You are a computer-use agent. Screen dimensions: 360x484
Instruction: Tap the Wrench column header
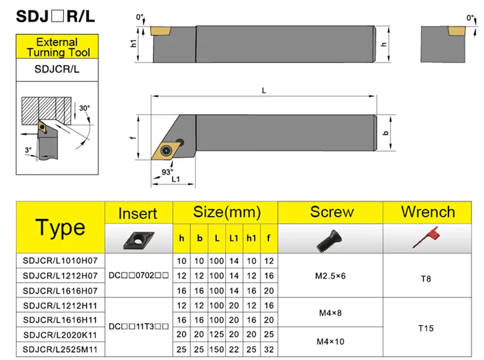click(x=428, y=212)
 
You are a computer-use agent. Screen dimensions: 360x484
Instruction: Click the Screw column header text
click(x=332, y=212)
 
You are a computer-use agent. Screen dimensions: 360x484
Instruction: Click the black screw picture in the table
click(x=330, y=239)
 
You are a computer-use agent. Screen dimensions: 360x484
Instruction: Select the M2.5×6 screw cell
click(x=330, y=275)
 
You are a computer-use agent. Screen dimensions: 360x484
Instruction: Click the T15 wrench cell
click(x=425, y=328)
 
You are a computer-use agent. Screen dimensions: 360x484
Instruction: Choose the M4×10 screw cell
click(x=330, y=341)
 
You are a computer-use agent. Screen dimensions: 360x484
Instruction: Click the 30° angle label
click(x=85, y=108)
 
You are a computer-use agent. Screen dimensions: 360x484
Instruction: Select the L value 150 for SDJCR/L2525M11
click(x=217, y=349)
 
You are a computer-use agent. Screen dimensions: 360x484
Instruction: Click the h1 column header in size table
click(x=251, y=238)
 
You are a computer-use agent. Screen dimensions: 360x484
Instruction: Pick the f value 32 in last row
click(x=268, y=349)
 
